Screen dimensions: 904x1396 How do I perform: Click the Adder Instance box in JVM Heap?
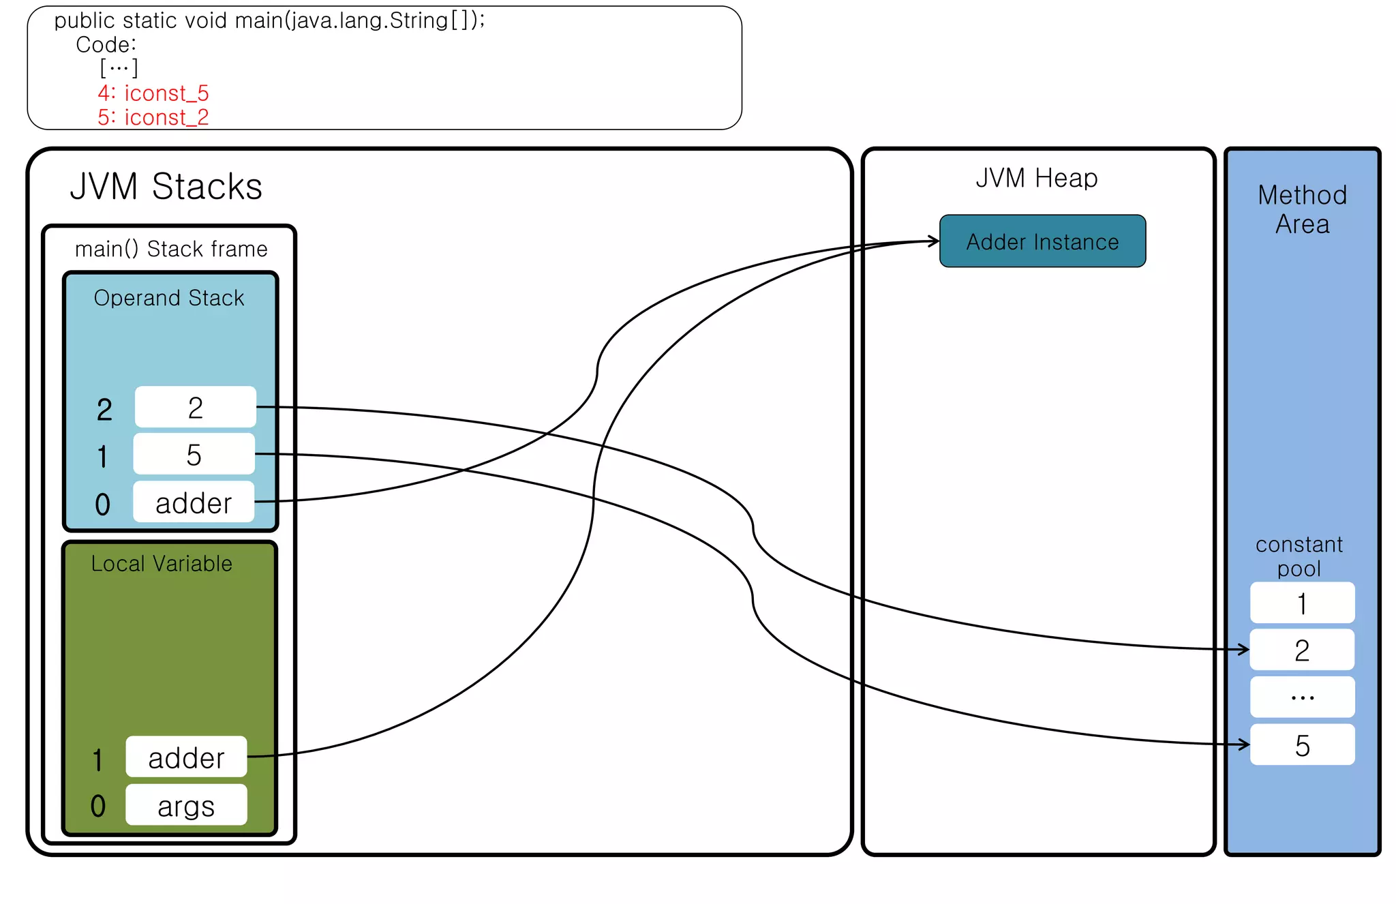coord(1042,241)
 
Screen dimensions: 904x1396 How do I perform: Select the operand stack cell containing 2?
coord(196,408)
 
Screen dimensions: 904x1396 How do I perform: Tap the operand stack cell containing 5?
coord(194,454)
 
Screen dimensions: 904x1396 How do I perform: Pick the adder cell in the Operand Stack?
coord(194,502)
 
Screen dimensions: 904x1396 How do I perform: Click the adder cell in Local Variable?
coord(186,757)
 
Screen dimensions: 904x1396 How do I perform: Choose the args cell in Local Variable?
coord(186,805)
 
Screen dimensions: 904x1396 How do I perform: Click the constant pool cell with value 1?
coord(1302,603)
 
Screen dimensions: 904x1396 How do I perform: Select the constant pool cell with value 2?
coord(1302,650)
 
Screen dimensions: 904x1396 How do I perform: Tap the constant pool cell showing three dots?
coord(1302,697)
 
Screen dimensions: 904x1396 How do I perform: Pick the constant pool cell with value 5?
coord(1302,744)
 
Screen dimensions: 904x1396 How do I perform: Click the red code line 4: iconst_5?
coord(153,93)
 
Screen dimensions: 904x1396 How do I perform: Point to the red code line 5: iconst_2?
coord(153,117)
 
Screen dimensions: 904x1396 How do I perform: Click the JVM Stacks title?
coord(166,186)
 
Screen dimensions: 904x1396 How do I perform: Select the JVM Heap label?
coord(1036,178)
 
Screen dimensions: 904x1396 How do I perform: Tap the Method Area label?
coord(1302,209)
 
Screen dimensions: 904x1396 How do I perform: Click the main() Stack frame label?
coord(170,249)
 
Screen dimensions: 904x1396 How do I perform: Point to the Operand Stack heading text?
coord(168,298)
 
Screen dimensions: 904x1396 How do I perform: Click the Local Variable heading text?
coord(162,563)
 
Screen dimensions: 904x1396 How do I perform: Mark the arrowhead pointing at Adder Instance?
coord(935,241)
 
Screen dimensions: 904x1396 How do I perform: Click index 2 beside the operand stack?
coord(104,410)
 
